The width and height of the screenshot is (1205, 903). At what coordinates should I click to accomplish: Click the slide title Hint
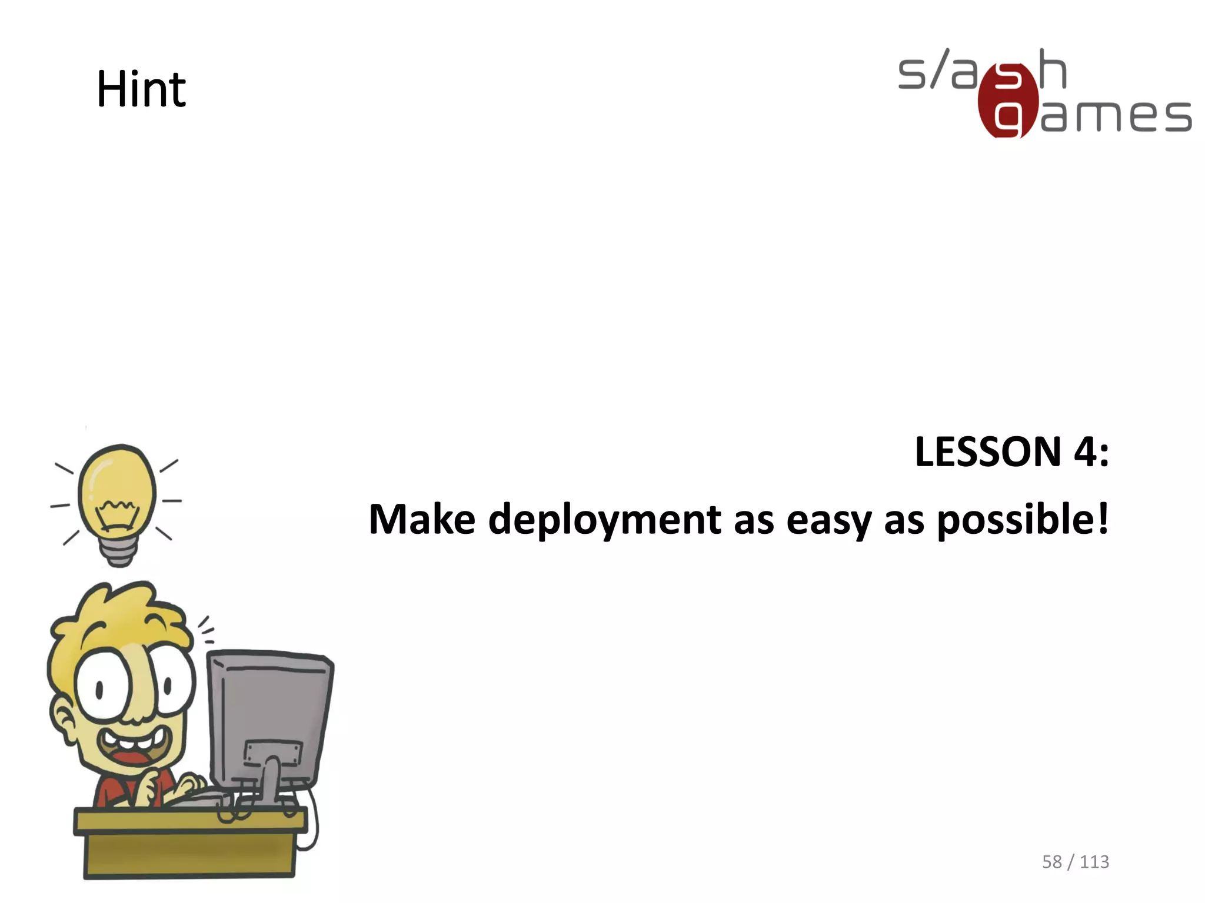click(141, 89)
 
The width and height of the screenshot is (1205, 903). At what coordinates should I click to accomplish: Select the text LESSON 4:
click(1011, 452)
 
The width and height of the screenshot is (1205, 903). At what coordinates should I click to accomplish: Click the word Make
click(421, 520)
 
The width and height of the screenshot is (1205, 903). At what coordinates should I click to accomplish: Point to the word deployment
click(604, 521)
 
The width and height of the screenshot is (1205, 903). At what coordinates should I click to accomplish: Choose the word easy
click(828, 521)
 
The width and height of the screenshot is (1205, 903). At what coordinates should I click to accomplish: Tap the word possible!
click(1022, 520)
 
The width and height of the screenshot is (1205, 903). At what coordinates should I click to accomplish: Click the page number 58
click(1051, 862)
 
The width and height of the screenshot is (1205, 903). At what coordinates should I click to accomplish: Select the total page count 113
click(1094, 862)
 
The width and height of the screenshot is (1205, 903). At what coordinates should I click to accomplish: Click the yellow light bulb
click(118, 488)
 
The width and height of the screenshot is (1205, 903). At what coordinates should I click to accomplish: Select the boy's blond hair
click(118, 617)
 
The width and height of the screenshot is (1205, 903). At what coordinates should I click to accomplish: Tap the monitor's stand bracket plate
click(273, 753)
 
